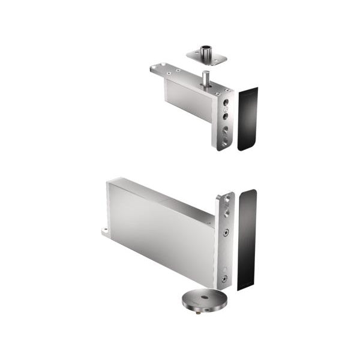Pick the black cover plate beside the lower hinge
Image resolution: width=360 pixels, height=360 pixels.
point(247,239)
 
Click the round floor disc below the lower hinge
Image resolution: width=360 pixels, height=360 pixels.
point(205,300)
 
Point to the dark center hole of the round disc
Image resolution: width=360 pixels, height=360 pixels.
point(205,298)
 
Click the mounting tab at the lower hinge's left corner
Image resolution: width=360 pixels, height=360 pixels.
point(106,230)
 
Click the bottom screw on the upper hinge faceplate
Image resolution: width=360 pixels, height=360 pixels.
point(224,139)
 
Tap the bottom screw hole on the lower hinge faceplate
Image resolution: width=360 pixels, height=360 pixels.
point(224,278)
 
